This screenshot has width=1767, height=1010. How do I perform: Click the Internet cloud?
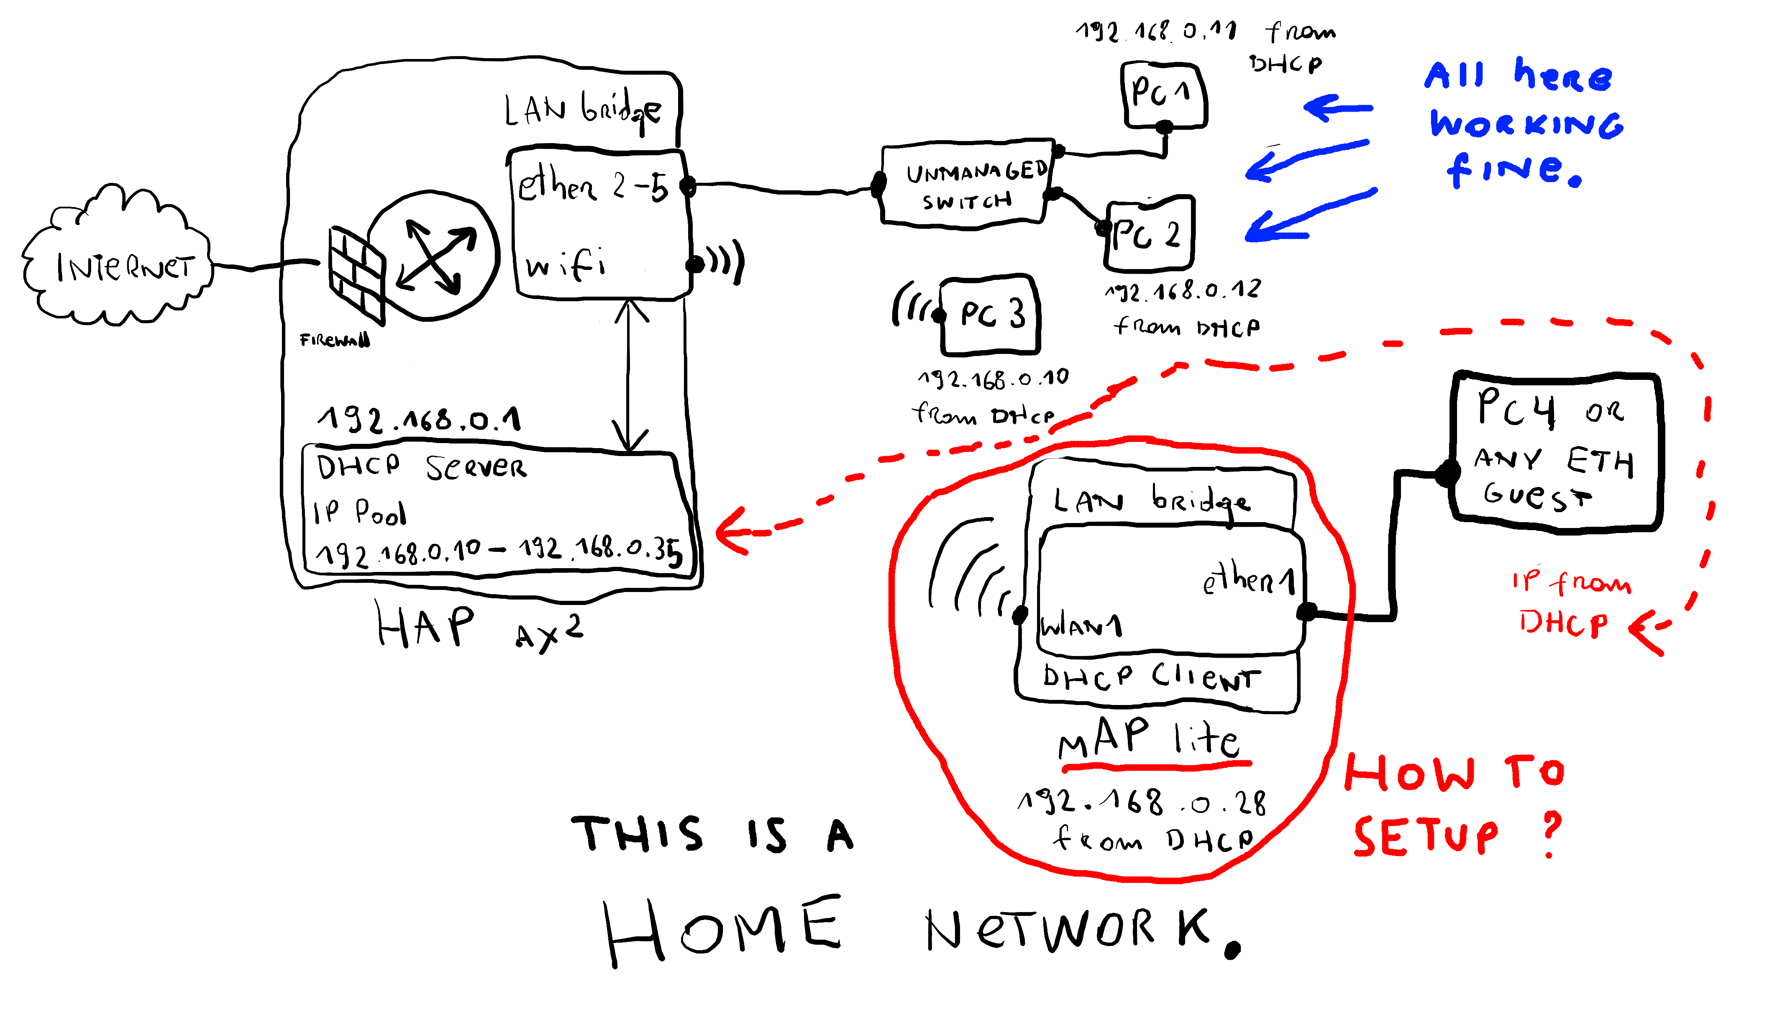pyautogui.click(x=118, y=264)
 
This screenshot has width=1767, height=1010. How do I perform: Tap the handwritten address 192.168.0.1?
pyautogui.click(x=420, y=420)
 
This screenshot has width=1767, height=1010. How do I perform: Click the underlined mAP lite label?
pyautogui.click(x=1149, y=739)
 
